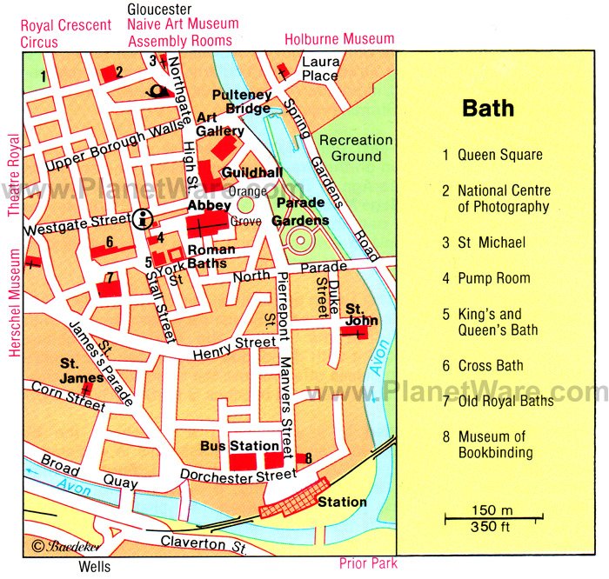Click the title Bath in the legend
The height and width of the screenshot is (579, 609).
pos(487,109)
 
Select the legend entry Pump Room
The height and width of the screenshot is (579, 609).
pos(494,278)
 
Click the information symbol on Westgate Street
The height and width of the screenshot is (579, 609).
pos(145,217)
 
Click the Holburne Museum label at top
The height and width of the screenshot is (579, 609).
pos(339,39)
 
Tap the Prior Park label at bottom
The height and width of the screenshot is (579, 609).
pos(368,563)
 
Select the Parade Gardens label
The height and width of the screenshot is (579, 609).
pos(301,211)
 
